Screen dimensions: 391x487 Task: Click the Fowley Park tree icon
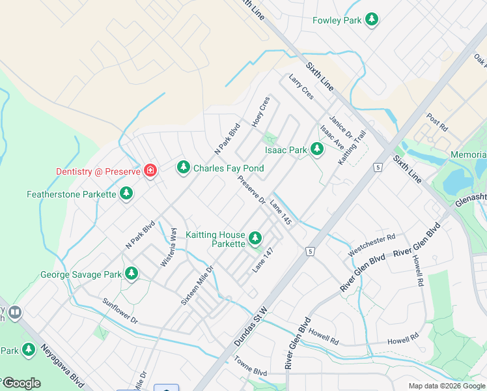point(372,20)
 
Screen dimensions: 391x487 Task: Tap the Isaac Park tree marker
point(316,150)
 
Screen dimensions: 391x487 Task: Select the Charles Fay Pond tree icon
point(184,168)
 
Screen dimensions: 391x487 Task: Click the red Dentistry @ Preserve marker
point(150,171)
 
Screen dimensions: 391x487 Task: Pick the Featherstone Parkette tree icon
point(126,194)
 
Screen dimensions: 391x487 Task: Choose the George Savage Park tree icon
point(132,274)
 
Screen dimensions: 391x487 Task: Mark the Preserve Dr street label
point(251,189)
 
